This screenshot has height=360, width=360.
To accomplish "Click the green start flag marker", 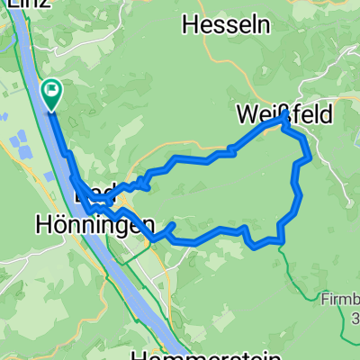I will tap(51, 90).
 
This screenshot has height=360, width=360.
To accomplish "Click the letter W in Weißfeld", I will tap(247, 114).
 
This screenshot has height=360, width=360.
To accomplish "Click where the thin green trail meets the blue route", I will tap(281, 240).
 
